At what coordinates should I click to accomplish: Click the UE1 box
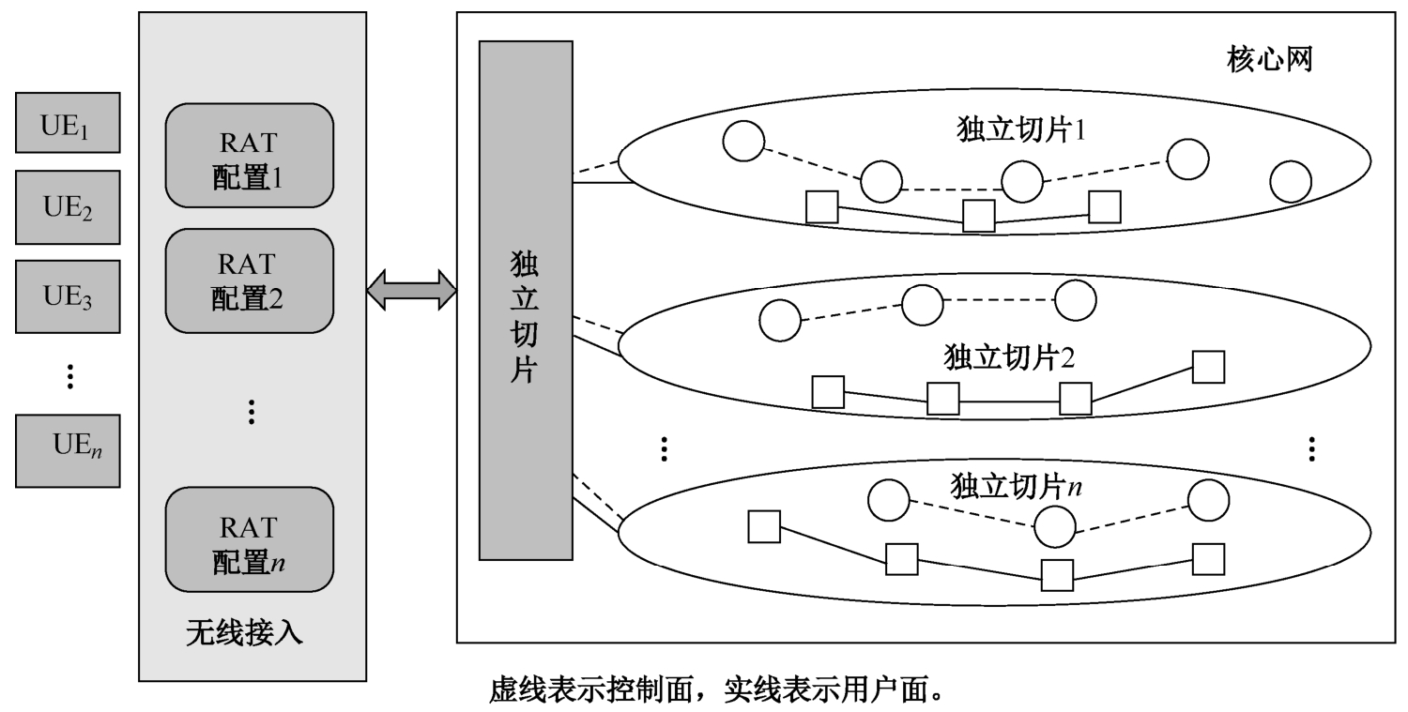68,123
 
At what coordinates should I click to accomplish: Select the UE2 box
68,207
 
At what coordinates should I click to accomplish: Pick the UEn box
68,450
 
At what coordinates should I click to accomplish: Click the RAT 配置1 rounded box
250,155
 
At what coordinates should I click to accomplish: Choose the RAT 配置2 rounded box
250,280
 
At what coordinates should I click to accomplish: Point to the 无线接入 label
244,633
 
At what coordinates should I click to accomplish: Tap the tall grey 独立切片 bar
525,300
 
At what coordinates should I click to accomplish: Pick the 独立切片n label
1016,486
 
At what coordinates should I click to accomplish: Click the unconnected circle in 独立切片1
1291,182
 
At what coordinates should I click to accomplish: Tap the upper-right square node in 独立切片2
1208,367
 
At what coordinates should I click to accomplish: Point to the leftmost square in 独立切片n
764,526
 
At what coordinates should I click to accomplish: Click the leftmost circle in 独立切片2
779,321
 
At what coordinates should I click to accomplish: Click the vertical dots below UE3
69,376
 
